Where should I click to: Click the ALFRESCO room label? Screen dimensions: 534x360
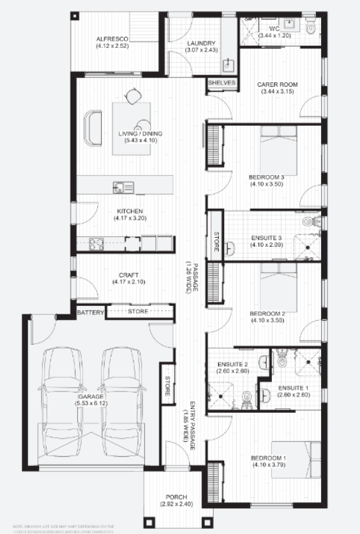113,38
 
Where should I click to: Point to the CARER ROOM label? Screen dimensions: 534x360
276,84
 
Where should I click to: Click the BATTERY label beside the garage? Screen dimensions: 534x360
91,312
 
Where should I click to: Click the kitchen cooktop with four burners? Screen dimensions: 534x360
96,244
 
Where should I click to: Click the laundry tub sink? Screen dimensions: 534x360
229,64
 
